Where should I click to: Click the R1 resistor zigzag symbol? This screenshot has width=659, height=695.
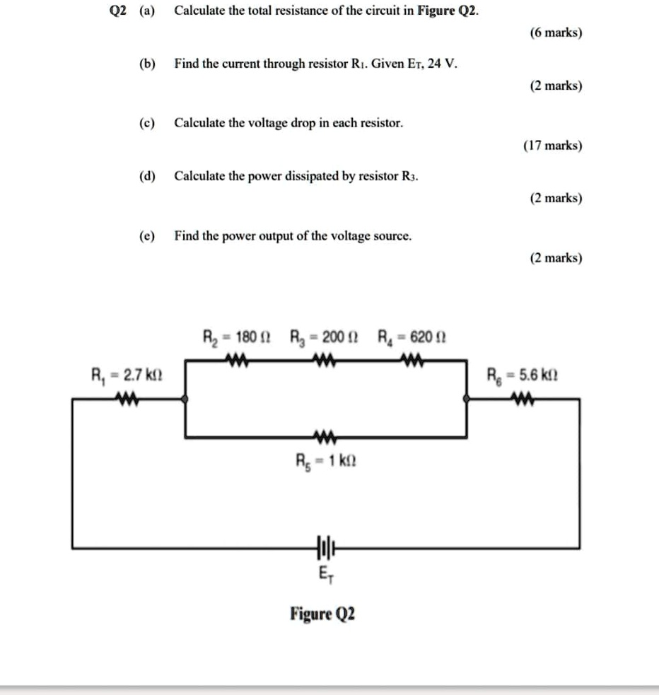[x=127, y=399]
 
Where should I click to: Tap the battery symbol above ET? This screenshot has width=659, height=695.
[x=324, y=547]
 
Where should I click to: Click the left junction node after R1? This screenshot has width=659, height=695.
[x=185, y=399]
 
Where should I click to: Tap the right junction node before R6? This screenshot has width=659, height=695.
[x=466, y=399]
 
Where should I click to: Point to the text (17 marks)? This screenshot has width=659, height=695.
[x=553, y=146]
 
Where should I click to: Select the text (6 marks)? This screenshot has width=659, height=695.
[x=555, y=33]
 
